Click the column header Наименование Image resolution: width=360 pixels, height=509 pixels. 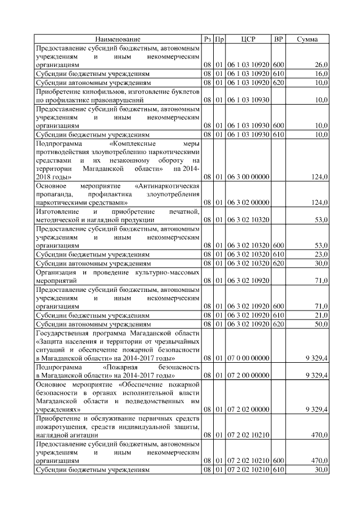[118, 39]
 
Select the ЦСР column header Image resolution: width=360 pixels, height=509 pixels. [248, 39]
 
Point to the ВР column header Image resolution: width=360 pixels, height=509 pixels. [278, 39]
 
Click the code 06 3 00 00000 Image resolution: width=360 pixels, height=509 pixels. [248, 177]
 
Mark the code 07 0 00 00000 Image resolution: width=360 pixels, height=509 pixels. [248, 357]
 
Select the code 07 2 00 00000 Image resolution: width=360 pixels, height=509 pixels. [248, 374]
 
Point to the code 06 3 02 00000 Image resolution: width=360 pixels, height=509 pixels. [248, 201]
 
